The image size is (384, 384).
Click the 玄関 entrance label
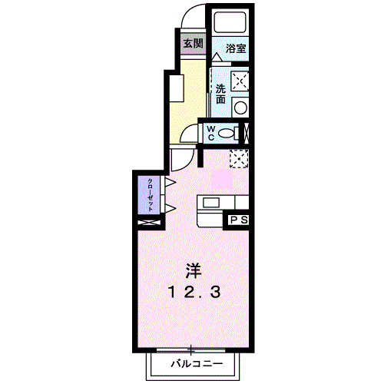194,44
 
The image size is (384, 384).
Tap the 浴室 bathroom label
236,48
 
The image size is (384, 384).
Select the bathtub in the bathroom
230,22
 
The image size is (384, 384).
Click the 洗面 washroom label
220,94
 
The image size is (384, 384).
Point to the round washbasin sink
240,108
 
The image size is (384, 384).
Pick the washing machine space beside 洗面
240,81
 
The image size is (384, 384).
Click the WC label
211,133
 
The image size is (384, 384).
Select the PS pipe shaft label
240,220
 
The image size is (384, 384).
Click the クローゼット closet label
151,195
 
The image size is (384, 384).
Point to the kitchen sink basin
211,203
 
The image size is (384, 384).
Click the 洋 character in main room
194,271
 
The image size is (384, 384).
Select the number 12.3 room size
194,292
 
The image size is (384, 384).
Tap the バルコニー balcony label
197,363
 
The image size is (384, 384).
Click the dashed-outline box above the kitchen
239,159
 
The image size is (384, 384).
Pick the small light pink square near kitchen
222,179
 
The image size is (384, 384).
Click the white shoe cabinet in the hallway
177,88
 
